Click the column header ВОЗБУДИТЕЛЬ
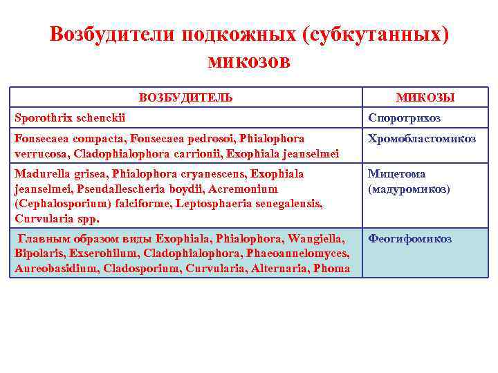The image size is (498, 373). [x=185, y=97]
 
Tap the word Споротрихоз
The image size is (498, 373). [x=404, y=117]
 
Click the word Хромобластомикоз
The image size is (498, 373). [x=421, y=139]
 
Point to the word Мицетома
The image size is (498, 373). [x=396, y=174]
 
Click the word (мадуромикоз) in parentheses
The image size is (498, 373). [x=409, y=188]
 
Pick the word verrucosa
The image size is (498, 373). [x=40, y=153]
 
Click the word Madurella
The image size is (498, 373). [x=41, y=173]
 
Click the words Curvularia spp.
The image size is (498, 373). [x=57, y=219]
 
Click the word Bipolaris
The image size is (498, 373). [x=38, y=254]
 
